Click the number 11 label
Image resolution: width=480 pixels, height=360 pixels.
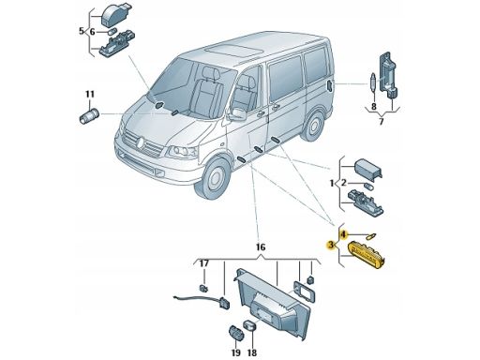[x=90, y=94]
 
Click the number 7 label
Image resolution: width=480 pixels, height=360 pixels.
[x=381, y=122]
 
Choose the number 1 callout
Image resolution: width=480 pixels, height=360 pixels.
[x=333, y=182]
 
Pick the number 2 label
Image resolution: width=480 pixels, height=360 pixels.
[x=344, y=182]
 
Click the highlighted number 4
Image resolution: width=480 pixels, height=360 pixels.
[x=344, y=232]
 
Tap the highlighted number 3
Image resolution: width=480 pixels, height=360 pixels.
[x=331, y=245]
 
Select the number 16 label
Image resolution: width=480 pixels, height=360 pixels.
[x=260, y=247]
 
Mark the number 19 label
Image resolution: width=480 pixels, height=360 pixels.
[x=235, y=352]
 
